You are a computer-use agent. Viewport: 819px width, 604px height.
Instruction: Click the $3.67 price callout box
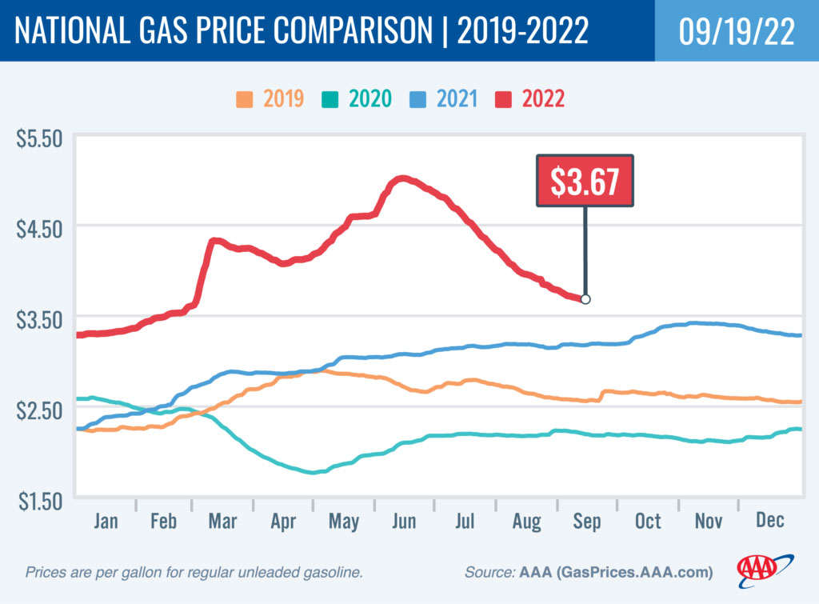point(585,181)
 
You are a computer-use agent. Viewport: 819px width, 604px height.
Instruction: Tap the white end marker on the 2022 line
point(585,299)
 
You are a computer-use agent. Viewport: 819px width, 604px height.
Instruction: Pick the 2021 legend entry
point(445,99)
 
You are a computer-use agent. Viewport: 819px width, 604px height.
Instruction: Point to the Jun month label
point(404,522)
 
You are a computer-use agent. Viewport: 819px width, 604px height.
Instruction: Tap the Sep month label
point(586,522)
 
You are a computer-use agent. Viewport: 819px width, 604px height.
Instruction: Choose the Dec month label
point(769,522)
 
